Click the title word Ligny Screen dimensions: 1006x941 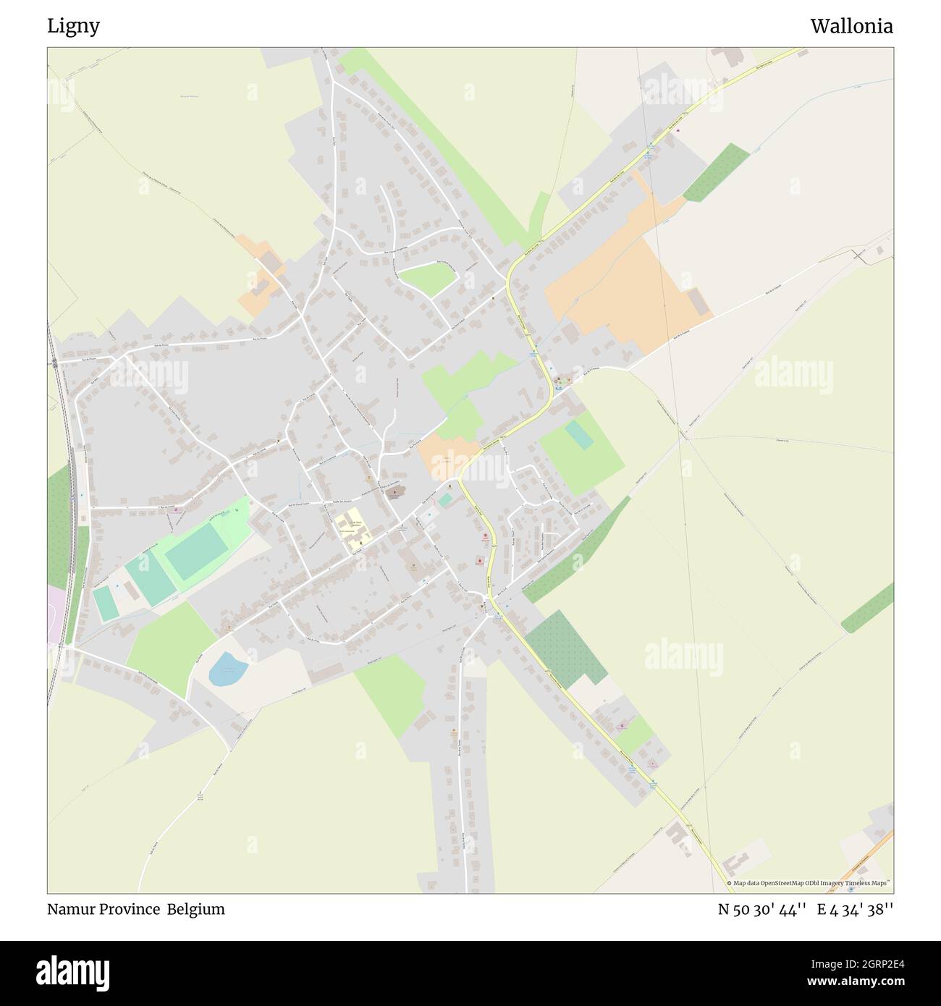click(x=73, y=27)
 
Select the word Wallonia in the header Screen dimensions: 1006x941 click(x=851, y=27)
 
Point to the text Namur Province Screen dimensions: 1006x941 click(x=104, y=910)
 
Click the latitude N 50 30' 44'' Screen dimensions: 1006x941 click(x=762, y=910)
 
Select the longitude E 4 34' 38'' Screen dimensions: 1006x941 click(x=855, y=910)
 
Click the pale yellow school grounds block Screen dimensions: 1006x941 click(x=353, y=531)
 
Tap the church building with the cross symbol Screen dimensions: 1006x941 click(x=394, y=493)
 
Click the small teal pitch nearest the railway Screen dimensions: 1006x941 click(x=105, y=602)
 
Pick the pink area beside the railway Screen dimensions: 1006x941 click(x=55, y=614)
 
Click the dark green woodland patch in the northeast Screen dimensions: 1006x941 click(x=716, y=172)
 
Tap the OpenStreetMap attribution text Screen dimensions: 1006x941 click(x=809, y=883)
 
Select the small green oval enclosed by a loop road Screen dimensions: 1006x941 click(x=427, y=279)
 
